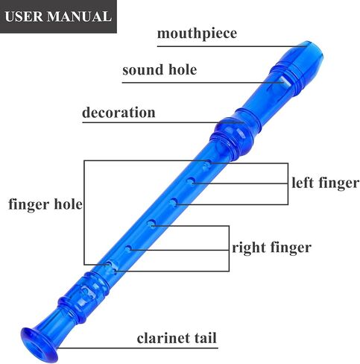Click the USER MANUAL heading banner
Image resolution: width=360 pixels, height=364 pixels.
[x=58, y=16]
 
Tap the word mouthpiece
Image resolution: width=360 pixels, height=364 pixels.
[x=197, y=34]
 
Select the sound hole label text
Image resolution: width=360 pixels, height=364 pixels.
[x=160, y=69]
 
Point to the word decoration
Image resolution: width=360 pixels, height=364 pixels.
[x=119, y=112]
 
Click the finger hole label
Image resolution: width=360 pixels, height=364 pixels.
[x=45, y=204]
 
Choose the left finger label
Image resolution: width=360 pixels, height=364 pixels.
[x=326, y=183]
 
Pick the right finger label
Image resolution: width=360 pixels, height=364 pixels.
[x=271, y=248]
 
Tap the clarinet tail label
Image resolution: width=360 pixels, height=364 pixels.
[x=177, y=338]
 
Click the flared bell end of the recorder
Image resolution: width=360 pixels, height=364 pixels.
[x=40, y=345]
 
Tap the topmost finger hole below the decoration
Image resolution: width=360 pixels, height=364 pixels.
[x=206, y=166]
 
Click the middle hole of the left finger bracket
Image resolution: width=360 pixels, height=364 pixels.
[x=191, y=181]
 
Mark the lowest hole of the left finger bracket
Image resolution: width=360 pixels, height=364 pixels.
[x=174, y=202]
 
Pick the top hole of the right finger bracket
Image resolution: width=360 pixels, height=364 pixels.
[x=152, y=223]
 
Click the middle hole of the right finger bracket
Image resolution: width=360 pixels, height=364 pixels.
[x=128, y=248]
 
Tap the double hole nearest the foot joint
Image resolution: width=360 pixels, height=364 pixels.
[x=111, y=266]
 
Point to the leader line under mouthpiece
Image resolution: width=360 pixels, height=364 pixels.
[x=231, y=46]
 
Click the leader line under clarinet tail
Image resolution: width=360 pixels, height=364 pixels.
[x=137, y=348]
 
